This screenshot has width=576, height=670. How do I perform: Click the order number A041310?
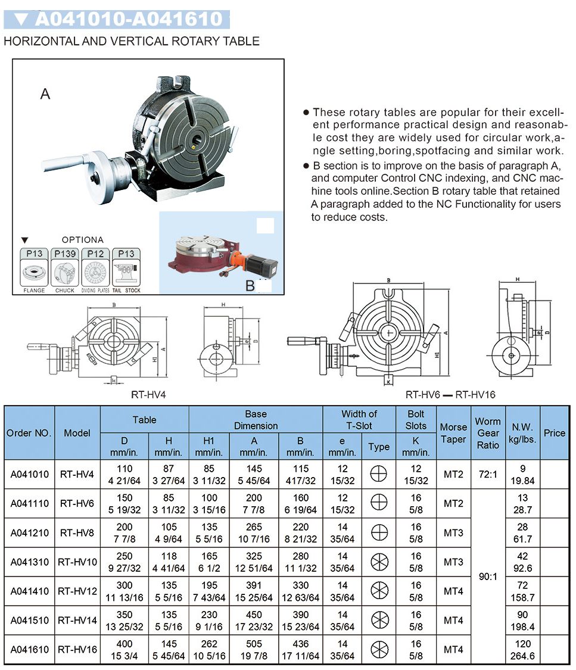(29, 562)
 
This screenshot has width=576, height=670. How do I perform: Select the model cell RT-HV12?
(77, 591)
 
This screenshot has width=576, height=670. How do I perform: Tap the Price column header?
(554, 433)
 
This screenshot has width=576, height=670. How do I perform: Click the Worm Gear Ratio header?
(488, 433)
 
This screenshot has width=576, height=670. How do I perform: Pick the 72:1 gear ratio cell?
(488, 474)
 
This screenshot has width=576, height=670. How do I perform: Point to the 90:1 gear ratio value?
(488, 576)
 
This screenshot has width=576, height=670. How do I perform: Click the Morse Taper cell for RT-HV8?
(453, 532)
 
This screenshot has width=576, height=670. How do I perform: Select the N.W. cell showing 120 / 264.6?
(522, 649)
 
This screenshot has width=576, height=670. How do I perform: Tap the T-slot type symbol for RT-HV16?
(378, 649)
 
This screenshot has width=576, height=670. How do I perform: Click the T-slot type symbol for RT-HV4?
(378, 474)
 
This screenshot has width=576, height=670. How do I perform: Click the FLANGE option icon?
(35, 273)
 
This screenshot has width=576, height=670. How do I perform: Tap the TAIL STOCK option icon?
(126, 273)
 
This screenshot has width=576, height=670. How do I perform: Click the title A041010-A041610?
(129, 20)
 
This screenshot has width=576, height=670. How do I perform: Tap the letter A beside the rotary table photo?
(45, 94)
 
